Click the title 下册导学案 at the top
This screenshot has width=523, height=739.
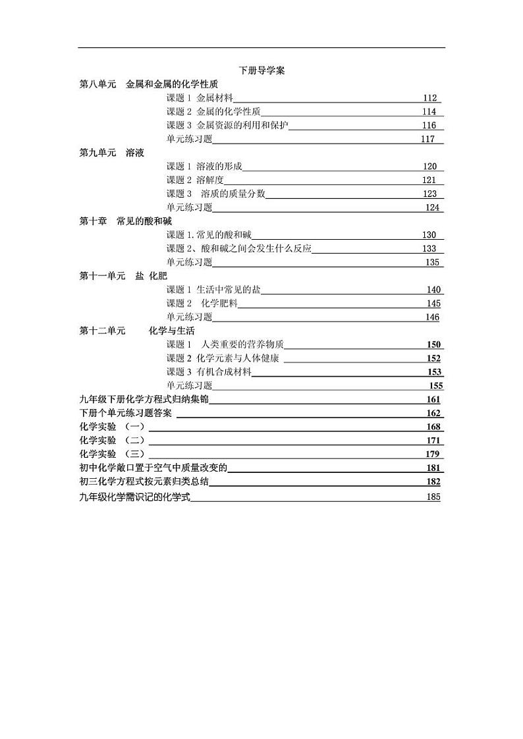(x=261, y=70)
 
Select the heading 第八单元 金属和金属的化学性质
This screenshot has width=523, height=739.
(x=148, y=84)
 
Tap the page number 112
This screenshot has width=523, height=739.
(x=430, y=98)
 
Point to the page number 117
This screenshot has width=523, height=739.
(x=428, y=139)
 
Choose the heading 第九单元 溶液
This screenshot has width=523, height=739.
(x=111, y=153)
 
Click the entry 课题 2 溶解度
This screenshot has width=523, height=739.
(x=195, y=180)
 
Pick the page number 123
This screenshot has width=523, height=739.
(x=429, y=194)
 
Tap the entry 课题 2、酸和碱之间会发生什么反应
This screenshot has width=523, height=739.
(x=238, y=248)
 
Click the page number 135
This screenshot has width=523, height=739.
(x=432, y=262)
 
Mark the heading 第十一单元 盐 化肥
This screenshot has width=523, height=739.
(x=123, y=276)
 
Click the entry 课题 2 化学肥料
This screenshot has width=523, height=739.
(x=202, y=304)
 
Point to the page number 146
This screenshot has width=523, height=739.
(x=432, y=317)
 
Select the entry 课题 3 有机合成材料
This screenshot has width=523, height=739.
(x=209, y=372)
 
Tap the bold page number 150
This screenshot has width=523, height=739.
(x=433, y=344)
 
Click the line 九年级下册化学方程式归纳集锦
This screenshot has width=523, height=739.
(x=144, y=399)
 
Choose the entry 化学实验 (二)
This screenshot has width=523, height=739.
(x=112, y=440)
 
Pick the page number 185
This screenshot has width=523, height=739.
(x=433, y=497)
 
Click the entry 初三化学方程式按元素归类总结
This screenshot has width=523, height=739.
(x=144, y=481)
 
